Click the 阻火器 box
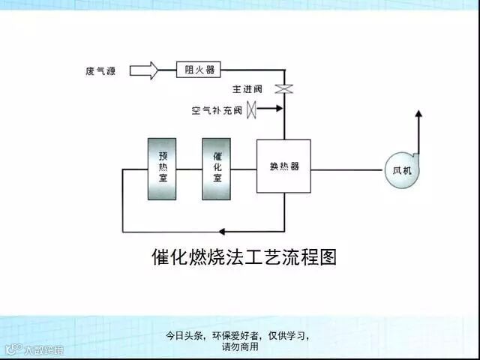199,70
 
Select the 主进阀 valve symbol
283,88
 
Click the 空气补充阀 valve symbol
252,109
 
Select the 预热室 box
162,169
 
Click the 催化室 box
216,169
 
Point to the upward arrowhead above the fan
418,114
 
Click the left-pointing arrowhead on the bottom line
221,231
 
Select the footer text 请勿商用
240,347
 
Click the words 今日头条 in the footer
184,336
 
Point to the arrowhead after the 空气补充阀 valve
279,109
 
